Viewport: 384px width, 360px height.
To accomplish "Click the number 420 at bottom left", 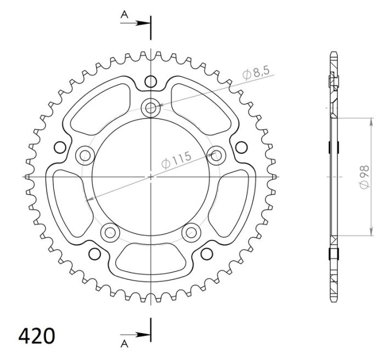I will click(37, 335).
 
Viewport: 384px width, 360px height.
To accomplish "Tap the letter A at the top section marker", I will click(125, 16).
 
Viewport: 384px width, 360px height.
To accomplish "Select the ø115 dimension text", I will click(176, 161).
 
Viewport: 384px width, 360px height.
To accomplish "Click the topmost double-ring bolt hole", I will click(150, 108).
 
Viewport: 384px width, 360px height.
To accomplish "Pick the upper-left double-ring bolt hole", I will click(84, 155).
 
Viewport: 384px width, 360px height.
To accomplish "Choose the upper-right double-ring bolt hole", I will click(216, 155).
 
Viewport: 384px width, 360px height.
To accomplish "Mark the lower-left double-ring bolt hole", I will click(110, 232).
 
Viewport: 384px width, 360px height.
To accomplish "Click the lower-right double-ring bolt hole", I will click(191, 232).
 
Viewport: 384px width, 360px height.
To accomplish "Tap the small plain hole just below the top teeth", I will click(150, 82).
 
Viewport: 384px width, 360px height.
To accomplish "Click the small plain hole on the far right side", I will click(241, 147).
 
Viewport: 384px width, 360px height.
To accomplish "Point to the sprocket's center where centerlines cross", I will click(150, 177).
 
